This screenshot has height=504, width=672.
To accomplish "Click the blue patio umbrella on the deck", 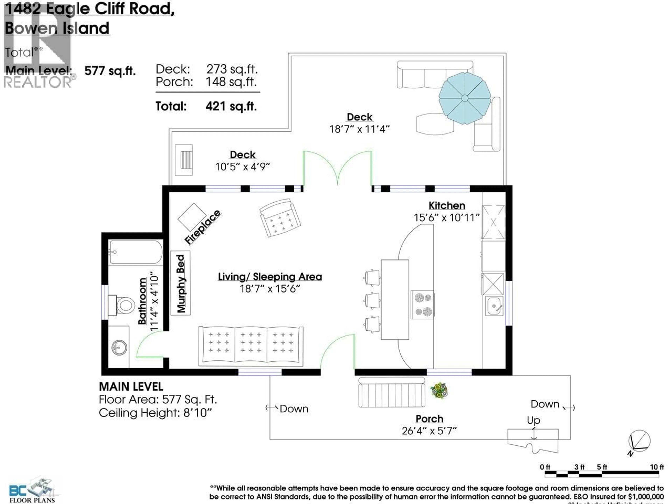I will [x=464, y=98].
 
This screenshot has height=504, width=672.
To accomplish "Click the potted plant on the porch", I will [x=439, y=390].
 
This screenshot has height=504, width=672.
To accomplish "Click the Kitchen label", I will [x=447, y=206].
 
